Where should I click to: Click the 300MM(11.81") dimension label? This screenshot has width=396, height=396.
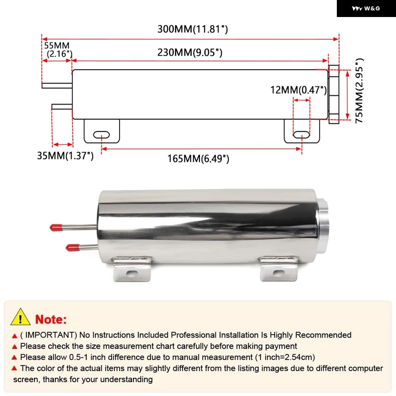click(192, 29)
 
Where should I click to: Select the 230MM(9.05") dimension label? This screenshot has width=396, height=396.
click(189, 52)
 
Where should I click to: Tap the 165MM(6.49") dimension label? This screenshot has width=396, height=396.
click(198, 159)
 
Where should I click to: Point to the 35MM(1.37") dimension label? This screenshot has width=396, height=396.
click(65, 156)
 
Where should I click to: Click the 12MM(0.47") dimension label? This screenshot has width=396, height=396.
click(299, 90)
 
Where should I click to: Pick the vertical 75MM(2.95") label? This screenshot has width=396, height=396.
click(360, 90)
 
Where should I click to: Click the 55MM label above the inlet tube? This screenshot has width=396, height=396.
click(57, 46)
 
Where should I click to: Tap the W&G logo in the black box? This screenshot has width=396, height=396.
click(366, 9)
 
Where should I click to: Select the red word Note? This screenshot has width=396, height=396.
click(51, 319)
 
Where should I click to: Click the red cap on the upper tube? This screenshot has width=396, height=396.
click(56, 228)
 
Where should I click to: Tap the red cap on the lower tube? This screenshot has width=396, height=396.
click(72, 247)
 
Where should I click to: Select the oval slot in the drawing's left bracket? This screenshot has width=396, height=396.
click(101, 135)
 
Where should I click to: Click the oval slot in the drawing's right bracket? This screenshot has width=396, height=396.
click(301, 135)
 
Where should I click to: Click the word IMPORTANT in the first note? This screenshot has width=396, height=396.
click(50, 335)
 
